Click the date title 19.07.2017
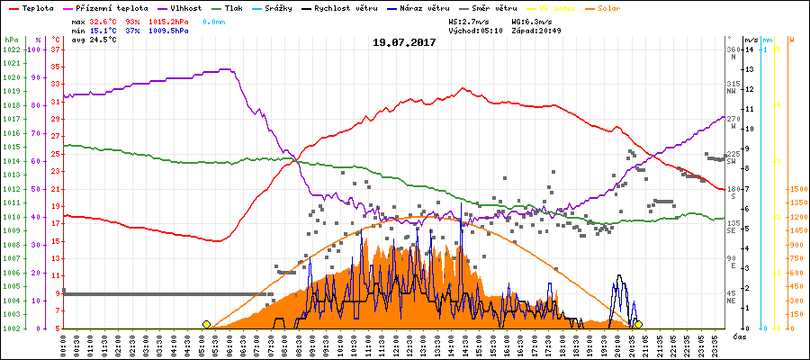404,42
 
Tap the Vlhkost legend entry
186,6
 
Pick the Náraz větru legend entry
423,6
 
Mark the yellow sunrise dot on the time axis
207,324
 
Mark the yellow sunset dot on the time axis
638,324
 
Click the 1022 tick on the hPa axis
11,49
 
